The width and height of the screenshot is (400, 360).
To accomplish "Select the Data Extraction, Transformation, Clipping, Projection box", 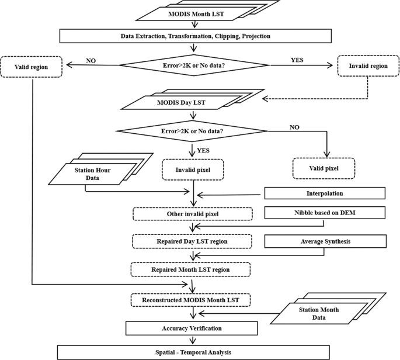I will click(x=196, y=36).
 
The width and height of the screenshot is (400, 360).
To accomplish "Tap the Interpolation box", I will click(x=325, y=193).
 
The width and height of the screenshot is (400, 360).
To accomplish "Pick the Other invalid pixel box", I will click(x=192, y=214).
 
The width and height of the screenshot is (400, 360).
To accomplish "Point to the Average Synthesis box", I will click(x=325, y=241).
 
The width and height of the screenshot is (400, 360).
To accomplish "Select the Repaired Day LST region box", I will click(x=192, y=241).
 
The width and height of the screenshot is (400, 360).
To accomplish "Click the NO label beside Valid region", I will click(x=91, y=60).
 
